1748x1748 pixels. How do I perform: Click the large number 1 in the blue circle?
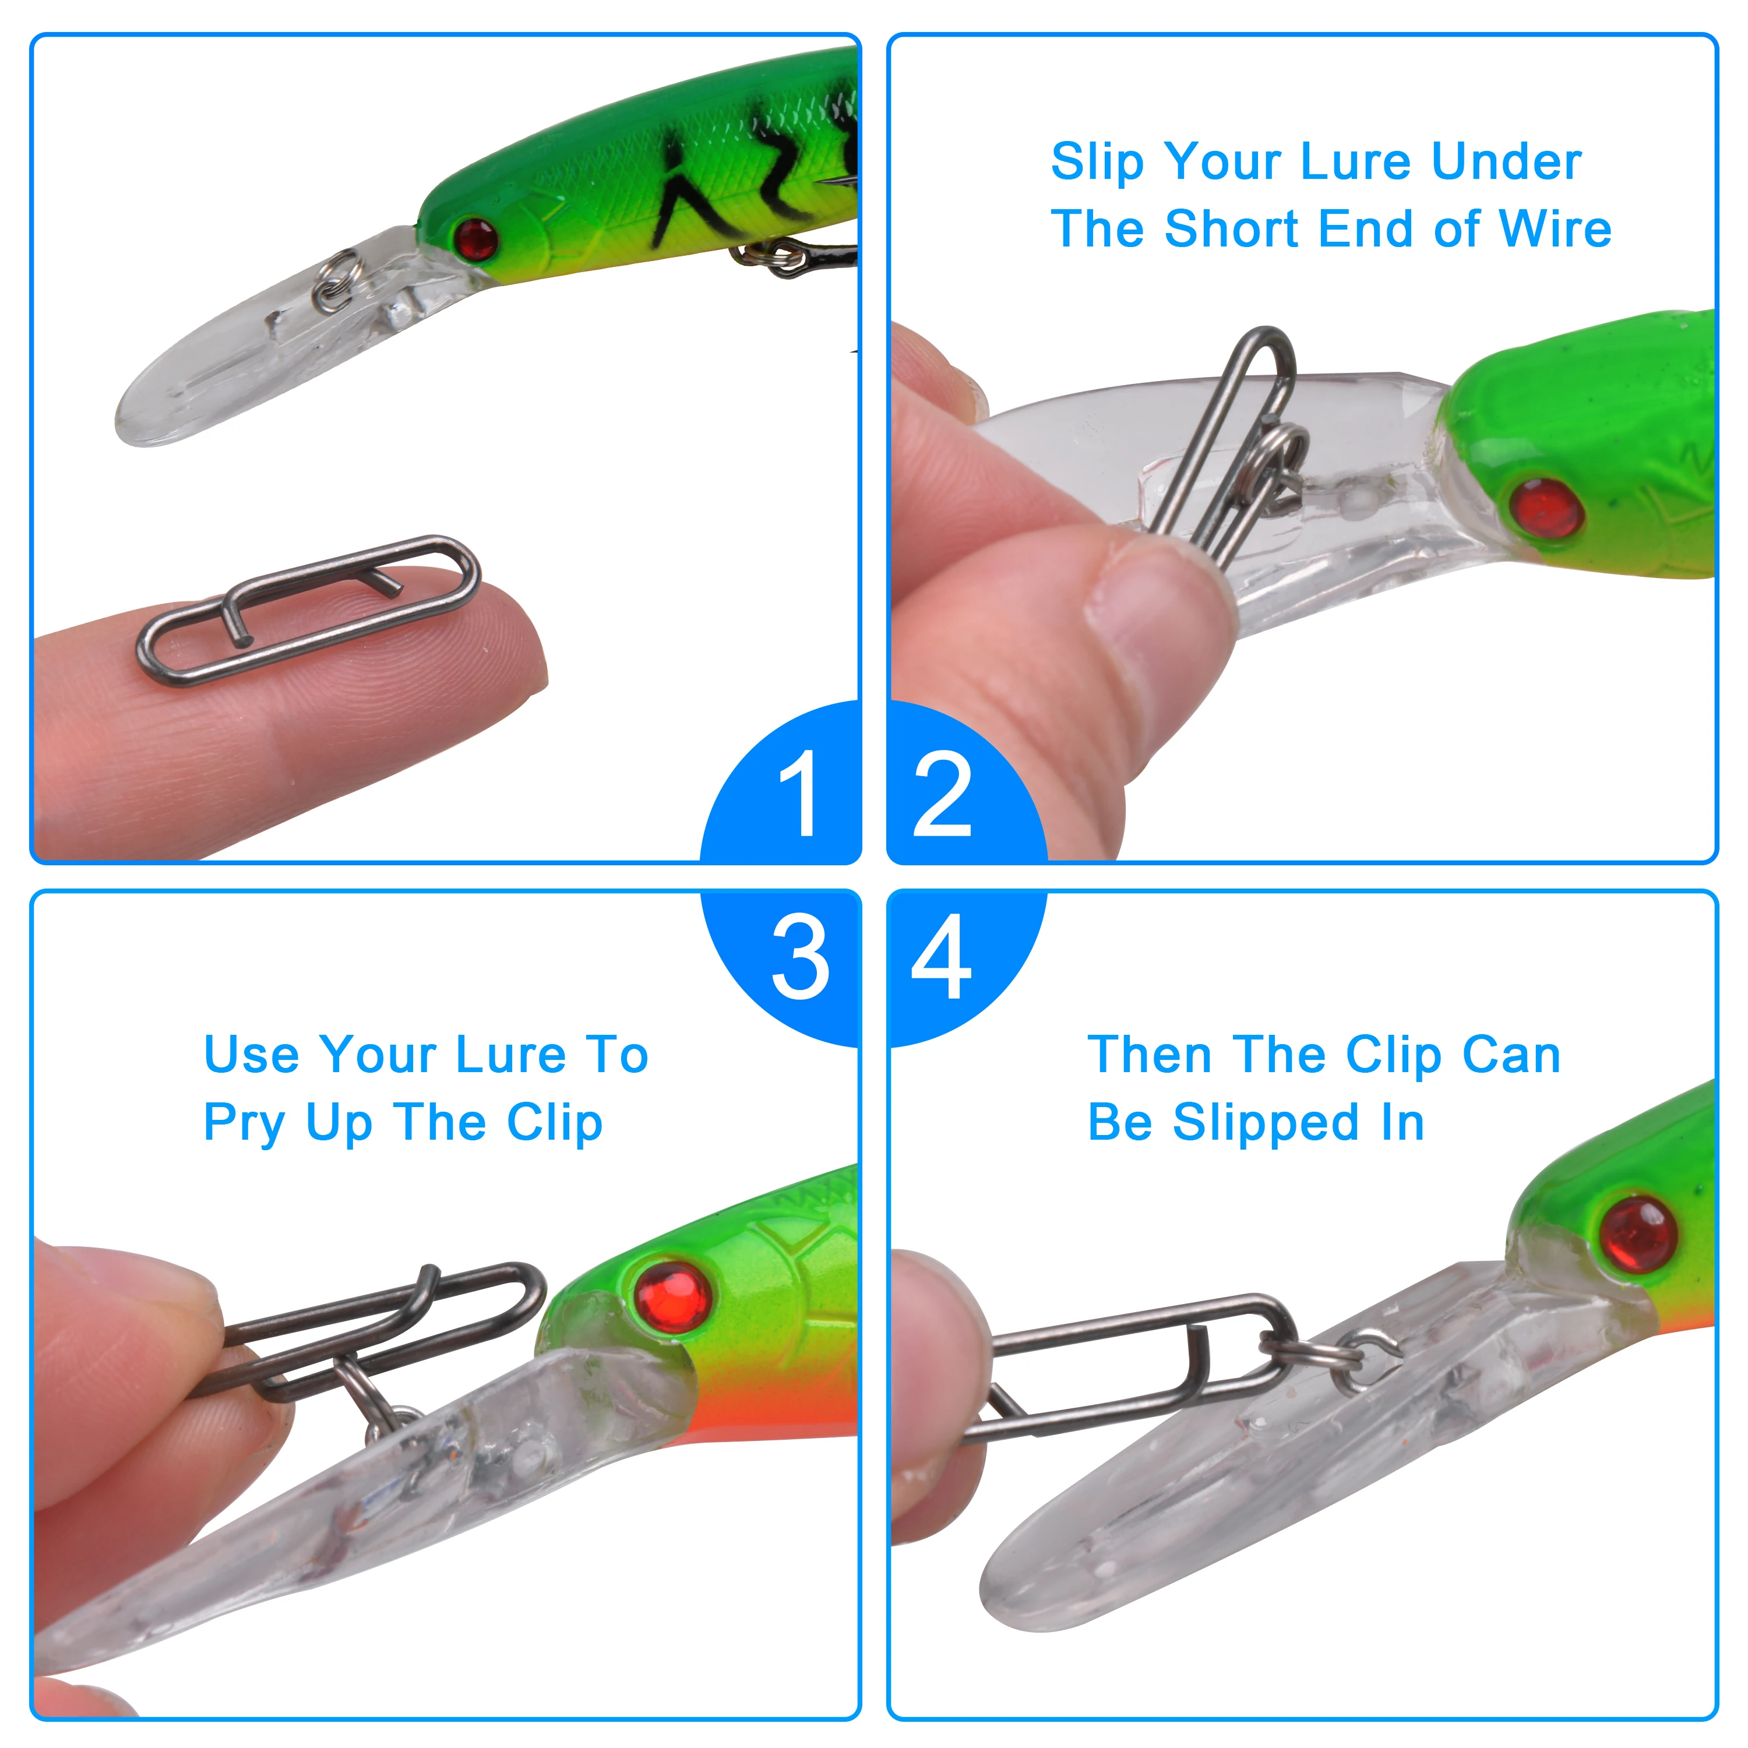click(x=800, y=794)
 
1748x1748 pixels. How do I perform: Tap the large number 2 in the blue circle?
click(x=942, y=794)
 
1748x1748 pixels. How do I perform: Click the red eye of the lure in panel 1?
click(x=477, y=239)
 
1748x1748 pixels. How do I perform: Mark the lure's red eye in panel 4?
click(x=1638, y=1233)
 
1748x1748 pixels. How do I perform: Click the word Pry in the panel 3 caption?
click(x=244, y=1125)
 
